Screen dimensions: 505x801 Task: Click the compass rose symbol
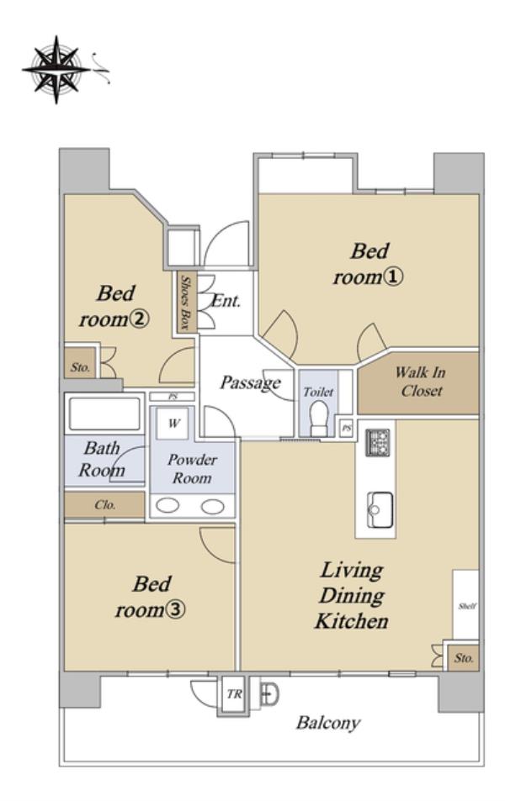pos(56,70)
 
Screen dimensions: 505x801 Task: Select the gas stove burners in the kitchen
pos(378,442)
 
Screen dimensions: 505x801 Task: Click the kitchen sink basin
pos(380,510)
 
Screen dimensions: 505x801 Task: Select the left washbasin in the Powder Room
pos(167,506)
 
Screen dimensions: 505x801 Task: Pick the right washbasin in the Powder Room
pos(212,506)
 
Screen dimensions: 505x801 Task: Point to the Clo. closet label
pos(105,505)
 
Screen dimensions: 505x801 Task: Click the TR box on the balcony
pos(234,694)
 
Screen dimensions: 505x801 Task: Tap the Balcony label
pos(328,723)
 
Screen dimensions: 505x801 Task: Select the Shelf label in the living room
pos(467,606)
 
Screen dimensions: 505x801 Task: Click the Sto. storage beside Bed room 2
pos(80,366)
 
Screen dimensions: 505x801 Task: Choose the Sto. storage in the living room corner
pos(464,657)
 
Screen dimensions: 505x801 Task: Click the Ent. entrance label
pos(226,301)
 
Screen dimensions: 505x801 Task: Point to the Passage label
pos(250,382)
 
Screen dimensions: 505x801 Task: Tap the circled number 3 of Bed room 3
pos(176,609)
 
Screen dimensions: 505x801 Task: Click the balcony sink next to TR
pos(268,694)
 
